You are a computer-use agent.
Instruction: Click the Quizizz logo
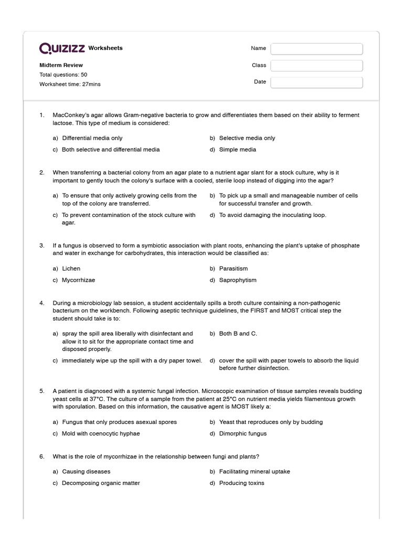tap(62, 48)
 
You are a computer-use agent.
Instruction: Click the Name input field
tap(316, 49)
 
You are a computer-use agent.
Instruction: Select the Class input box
tap(316, 66)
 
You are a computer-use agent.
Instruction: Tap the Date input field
tap(316, 82)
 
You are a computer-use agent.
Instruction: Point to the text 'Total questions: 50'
tap(63, 75)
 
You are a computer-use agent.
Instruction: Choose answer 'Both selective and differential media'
tap(111, 150)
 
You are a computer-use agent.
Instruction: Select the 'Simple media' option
tap(237, 150)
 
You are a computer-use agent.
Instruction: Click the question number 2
tap(42, 172)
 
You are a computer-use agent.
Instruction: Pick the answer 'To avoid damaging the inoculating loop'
tap(272, 215)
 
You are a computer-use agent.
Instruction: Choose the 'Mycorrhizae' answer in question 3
tap(78, 280)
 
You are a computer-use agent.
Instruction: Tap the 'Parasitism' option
tap(233, 268)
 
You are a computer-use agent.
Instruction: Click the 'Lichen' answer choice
tap(71, 268)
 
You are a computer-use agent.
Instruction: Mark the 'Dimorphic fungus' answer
tap(242, 433)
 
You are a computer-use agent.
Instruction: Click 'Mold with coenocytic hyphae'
tap(101, 433)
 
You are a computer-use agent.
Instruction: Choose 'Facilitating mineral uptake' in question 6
tap(254, 471)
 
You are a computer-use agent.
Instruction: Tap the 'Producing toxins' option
tap(241, 483)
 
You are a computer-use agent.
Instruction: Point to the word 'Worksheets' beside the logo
tap(105, 48)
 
